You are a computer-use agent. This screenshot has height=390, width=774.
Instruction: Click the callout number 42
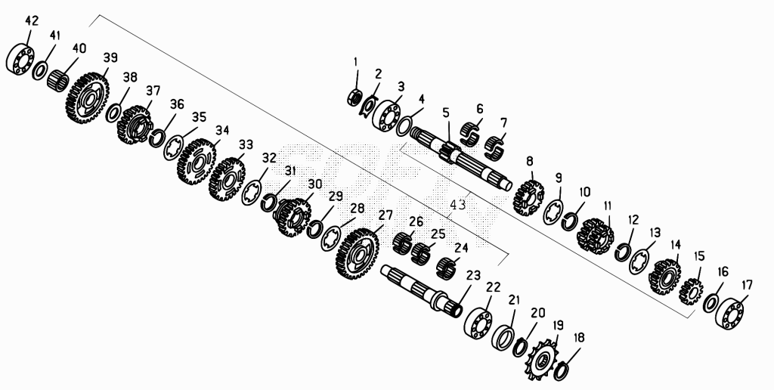tap(32, 21)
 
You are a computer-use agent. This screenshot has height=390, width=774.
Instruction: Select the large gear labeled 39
tap(87, 97)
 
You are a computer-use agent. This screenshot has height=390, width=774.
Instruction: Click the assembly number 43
tap(458, 204)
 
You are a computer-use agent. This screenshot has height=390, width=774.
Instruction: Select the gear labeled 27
tap(358, 253)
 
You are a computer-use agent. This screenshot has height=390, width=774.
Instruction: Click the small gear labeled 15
tap(691, 291)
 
